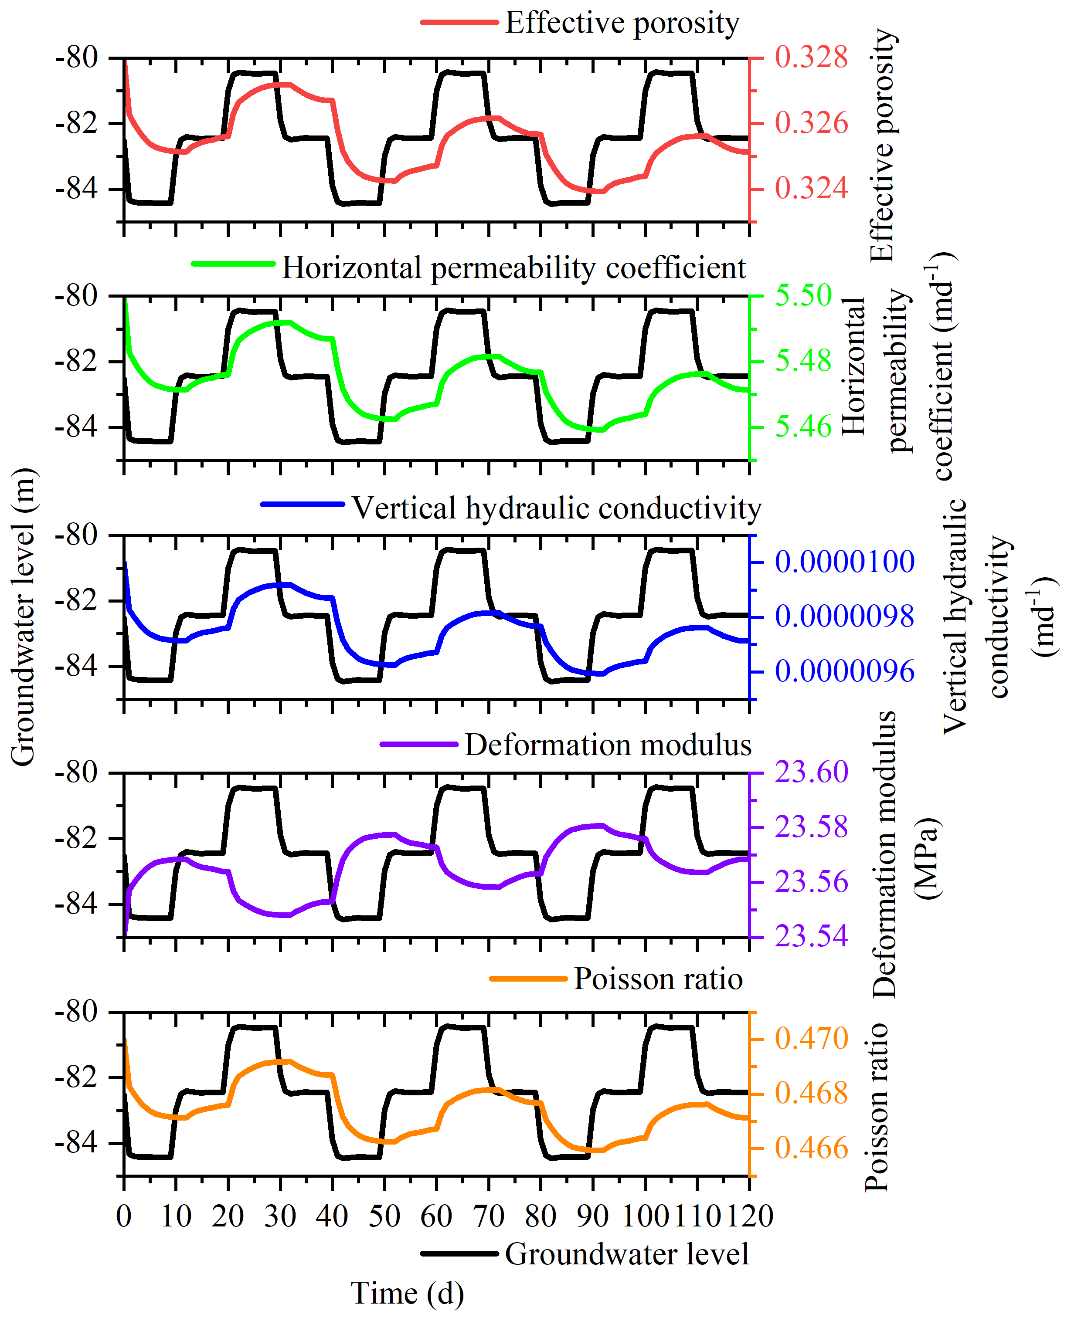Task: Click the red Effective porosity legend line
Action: coord(459,23)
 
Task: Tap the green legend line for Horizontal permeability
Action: coord(233,264)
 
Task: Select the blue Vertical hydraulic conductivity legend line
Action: coord(303,504)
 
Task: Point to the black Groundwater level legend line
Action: coord(459,1254)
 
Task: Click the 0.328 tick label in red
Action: coord(811,58)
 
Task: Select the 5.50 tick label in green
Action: coord(803,295)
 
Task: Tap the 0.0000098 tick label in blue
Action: coord(844,616)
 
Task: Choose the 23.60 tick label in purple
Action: coord(811,772)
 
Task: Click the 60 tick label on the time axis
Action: coord(436,1216)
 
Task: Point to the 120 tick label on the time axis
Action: coord(749,1216)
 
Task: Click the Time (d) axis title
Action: coord(407,1293)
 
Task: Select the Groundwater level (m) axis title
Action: coord(24,616)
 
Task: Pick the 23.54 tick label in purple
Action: coord(811,936)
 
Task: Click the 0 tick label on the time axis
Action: coord(124,1216)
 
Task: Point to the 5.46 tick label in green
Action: coord(803,427)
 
